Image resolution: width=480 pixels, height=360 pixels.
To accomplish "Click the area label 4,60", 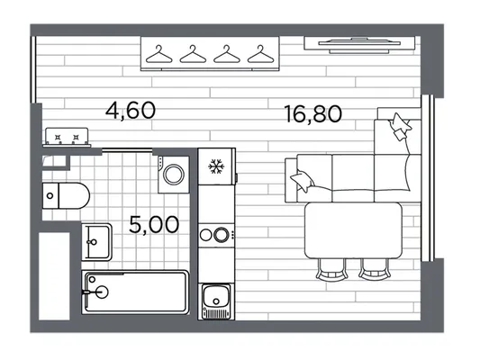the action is point(131,111).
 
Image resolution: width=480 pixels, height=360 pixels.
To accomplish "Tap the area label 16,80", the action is point(312,113).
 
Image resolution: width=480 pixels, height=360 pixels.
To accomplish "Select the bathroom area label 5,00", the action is point(154,224).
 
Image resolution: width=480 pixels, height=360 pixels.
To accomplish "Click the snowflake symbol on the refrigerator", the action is point(216,166).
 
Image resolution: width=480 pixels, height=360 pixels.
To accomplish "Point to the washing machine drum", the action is point(174,175).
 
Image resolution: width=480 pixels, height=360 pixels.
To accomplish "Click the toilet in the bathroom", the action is point(66,196).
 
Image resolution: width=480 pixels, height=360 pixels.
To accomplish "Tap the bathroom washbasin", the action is point(96,242).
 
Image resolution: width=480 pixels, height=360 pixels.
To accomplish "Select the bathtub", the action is point(135,292).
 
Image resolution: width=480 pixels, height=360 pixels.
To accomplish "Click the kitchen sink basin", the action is point(216,296).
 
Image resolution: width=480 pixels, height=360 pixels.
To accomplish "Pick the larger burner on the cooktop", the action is point(222,235).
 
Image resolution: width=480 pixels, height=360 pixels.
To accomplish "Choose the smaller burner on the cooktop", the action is point(204,235).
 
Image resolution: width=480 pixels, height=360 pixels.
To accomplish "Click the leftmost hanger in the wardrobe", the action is point(158,54).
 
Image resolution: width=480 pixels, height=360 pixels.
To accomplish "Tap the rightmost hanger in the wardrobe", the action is point(260,54).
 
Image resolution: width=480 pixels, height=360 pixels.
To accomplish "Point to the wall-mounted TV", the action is point(359,45).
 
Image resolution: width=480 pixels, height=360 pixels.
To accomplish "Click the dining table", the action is point(353,230).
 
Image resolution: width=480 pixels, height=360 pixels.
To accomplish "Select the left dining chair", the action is point(331,269).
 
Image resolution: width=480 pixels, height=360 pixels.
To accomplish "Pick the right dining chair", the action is point(375,269).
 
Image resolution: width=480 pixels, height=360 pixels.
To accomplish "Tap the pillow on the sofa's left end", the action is point(303,181).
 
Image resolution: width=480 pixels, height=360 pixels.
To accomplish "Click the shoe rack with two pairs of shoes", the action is point(67,137).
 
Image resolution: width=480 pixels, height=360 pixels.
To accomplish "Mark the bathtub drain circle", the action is point(103,292).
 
